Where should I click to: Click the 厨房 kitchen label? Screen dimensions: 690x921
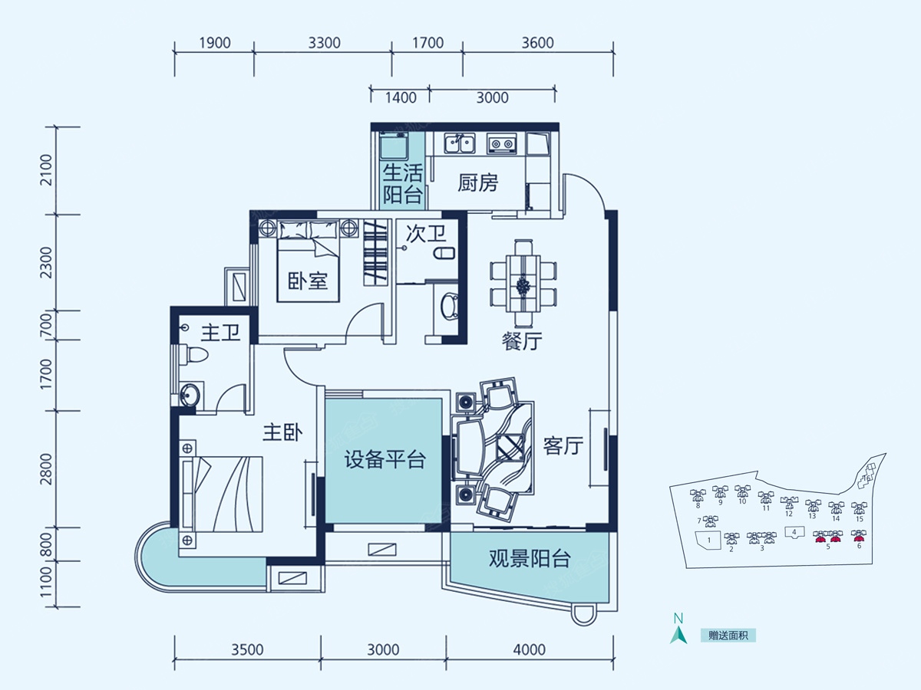tap(477, 183)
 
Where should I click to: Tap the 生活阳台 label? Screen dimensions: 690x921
tap(403, 182)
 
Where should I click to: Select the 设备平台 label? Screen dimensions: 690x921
tap(385, 460)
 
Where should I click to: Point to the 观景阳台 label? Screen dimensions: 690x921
tap(530, 559)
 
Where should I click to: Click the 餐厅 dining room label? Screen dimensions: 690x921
tap(522, 342)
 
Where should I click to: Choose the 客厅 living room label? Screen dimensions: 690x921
tap(563, 445)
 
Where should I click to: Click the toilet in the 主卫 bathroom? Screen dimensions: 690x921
tap(192, 356)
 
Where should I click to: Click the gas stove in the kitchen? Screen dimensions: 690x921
tap(503, 143)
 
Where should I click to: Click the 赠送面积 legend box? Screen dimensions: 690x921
tap(728, 636)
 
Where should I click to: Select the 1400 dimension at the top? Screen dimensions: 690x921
tap(400, 97)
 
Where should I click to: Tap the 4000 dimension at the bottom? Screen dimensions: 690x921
tap(529, 650)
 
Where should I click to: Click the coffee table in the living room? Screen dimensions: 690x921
tap(509, 446)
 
